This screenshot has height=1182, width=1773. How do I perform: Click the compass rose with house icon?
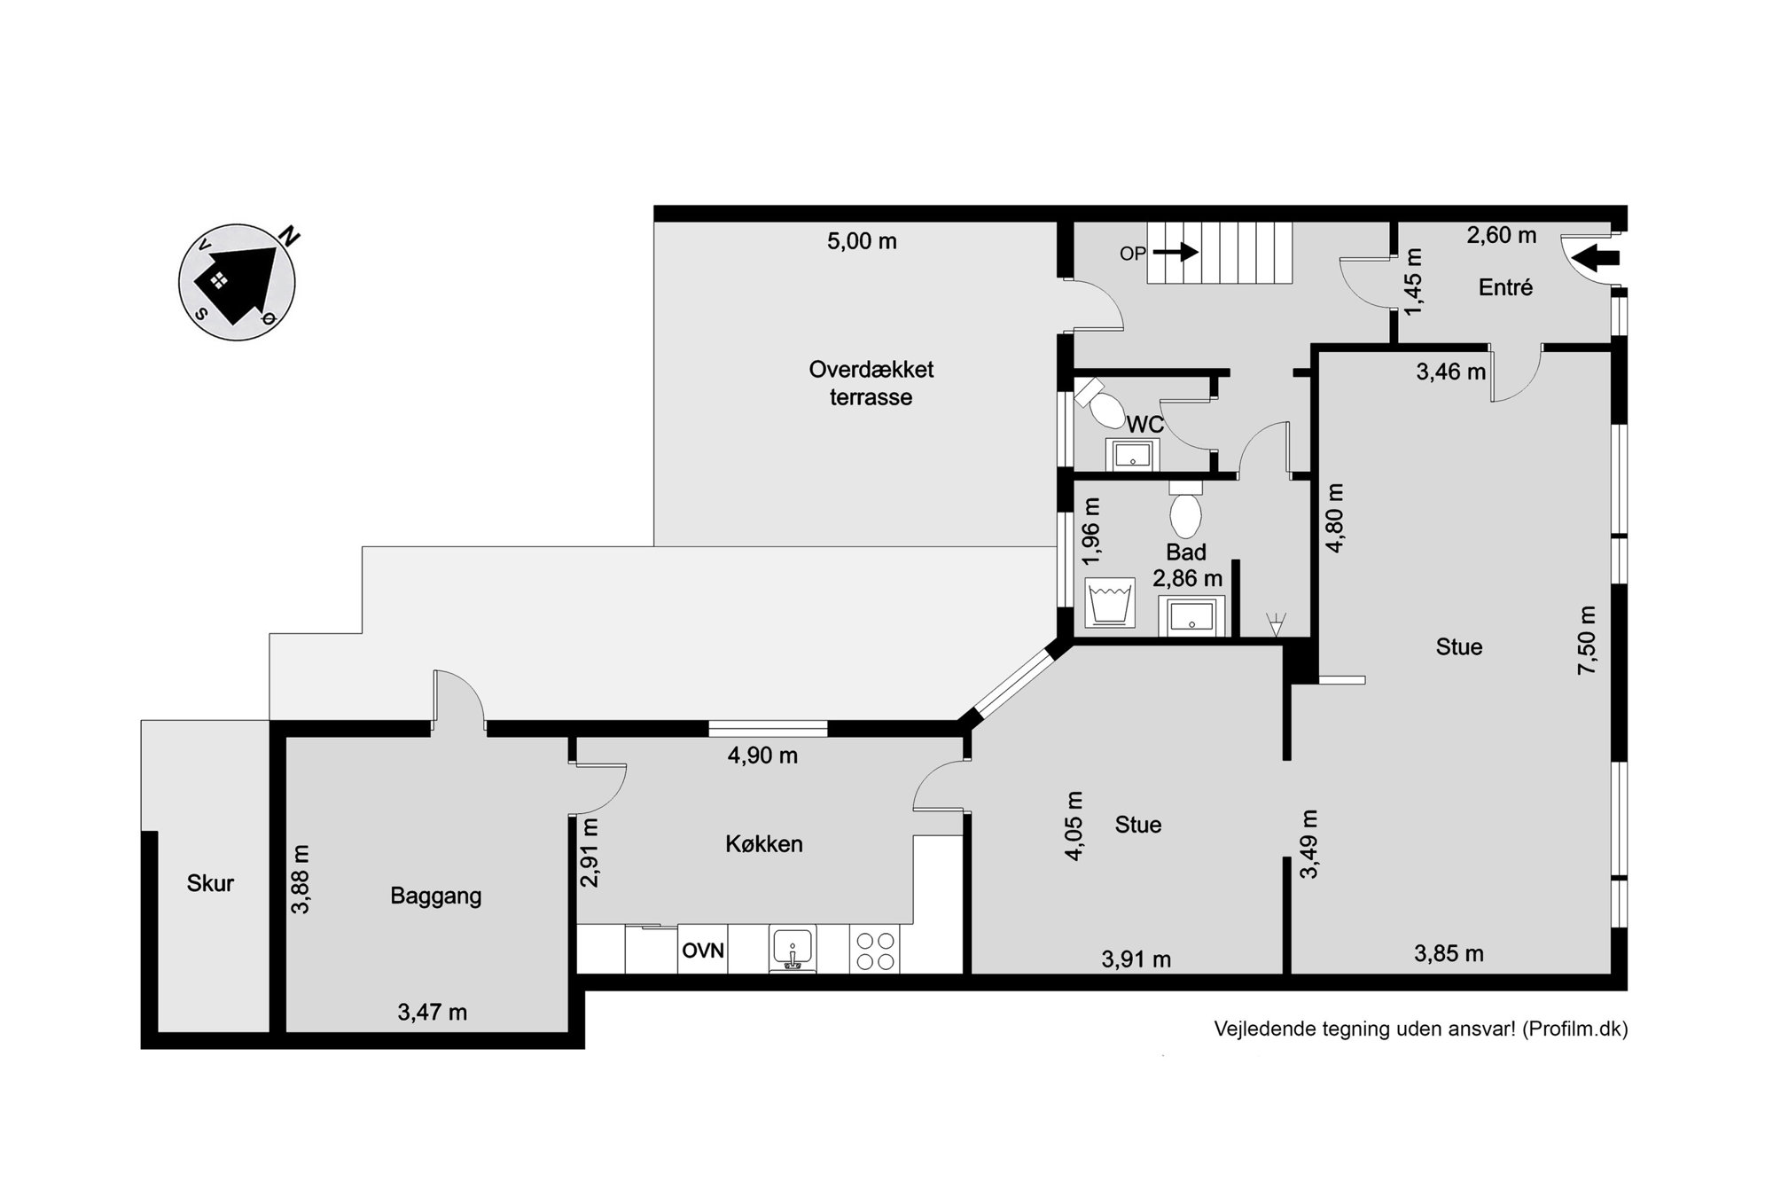pos(237,281)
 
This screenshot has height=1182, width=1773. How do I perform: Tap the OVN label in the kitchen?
pos(703,951)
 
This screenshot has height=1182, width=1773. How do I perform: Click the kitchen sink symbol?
pos(793,950)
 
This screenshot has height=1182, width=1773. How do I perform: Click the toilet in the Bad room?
pos(1185,507)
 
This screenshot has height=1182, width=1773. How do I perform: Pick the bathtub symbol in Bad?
pos(1110,603)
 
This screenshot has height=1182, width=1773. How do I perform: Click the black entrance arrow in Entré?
pos(1596,259)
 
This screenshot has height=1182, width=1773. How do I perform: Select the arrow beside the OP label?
pos(1175,253)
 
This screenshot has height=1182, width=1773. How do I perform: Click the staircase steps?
pos(1220,253)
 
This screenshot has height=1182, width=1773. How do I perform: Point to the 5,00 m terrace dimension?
pos(862,241)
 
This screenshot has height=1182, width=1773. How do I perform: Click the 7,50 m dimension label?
pos(1587,640)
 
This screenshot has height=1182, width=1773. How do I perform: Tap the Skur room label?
pos(210,883)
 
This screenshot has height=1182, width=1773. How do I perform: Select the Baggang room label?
pos(436,896)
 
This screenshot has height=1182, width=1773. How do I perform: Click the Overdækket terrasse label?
pos(871,383)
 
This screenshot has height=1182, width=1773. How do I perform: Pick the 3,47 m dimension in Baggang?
pos(432,1012)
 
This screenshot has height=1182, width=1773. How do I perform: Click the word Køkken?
pos(764,844)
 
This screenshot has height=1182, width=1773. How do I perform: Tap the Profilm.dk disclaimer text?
pos(1421,1029)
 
